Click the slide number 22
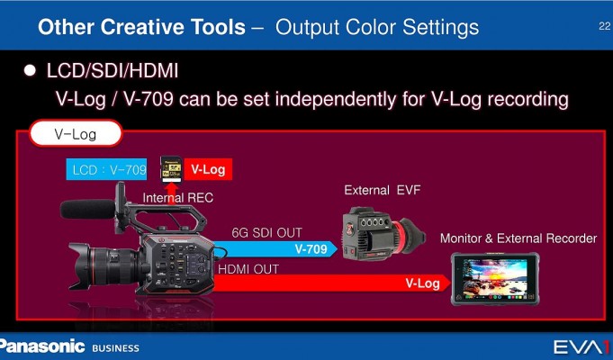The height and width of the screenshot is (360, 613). [x=604, y=26]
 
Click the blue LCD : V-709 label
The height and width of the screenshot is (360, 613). [x=106, y=169]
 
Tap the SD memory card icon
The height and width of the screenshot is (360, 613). [x=171, y=169]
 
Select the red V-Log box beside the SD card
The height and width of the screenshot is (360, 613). [x=208, y=169]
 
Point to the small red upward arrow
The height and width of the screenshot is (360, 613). [x=171, y=193]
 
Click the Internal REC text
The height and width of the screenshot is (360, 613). [x=178, y=198]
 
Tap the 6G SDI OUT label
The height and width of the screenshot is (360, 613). [x=266, y=232]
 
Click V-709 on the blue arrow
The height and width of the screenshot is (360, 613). [x=311, y=249]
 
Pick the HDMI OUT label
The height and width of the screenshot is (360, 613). [x=248, y=269]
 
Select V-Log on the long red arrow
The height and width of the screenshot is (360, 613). [x=422, y=283]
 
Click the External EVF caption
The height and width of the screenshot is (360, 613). [x=383, y=191]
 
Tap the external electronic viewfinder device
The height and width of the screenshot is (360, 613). [x=383, y=234]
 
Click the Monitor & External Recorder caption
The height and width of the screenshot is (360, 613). [x=518, y=238]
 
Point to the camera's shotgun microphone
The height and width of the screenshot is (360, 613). [x=87, y=209]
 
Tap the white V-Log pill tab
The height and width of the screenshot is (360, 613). [x=76, y=134]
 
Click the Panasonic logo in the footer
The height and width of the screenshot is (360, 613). [x=41, y=346]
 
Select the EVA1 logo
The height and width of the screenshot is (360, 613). [x=582, y=347]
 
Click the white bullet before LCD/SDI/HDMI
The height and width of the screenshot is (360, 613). [x=30, y=71]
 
